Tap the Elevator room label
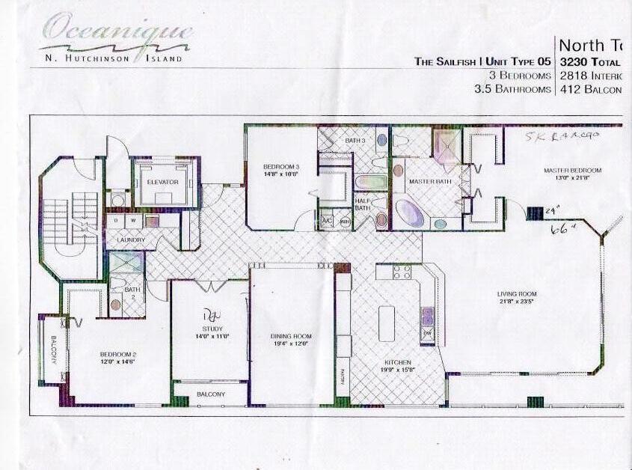tap(162, 182)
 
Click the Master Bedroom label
tap(572, 171)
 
